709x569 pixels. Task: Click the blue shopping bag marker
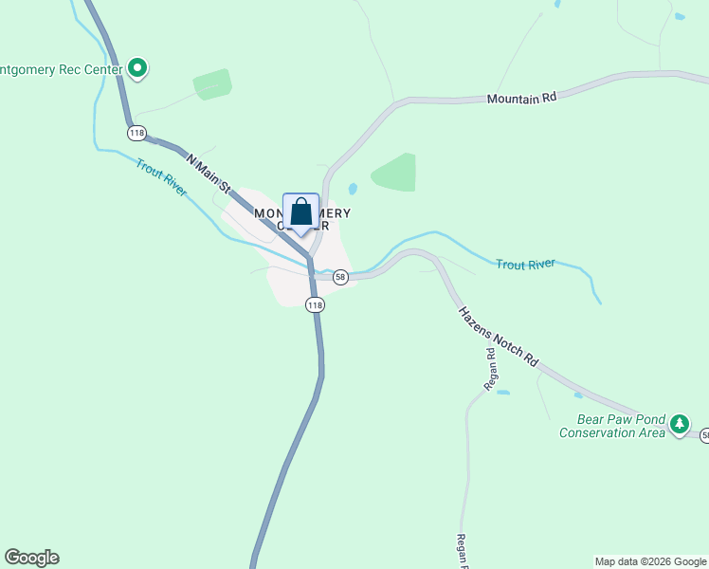click(x=301, y=212)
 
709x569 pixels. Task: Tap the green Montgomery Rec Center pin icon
click(x=137, y=67)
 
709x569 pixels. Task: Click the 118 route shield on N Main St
click(x=137, y=132)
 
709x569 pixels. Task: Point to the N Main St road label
click(x=209, y=175)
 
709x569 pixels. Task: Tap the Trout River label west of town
click(x=161, y=177)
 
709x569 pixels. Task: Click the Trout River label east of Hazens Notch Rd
click(x=525, y=265)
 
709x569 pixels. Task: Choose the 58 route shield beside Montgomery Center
click(x=340, y=277)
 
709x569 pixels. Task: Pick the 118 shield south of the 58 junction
click(x=315, y=304)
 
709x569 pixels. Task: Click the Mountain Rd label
click(x=520, y=98)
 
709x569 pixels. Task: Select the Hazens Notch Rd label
click(x=498, y=337)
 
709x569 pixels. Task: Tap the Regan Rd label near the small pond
click(x=491, y=370)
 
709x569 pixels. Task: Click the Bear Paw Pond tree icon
click(x=679, y=424)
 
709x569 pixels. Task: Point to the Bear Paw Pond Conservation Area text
click(x=611, y=426)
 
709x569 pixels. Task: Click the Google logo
click(x=31, y=558)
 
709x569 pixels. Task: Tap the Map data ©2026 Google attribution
click(x=651, y=561)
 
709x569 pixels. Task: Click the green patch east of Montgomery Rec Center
click(x=212, y=84)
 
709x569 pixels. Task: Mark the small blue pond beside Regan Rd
click(x=502, y=392)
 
